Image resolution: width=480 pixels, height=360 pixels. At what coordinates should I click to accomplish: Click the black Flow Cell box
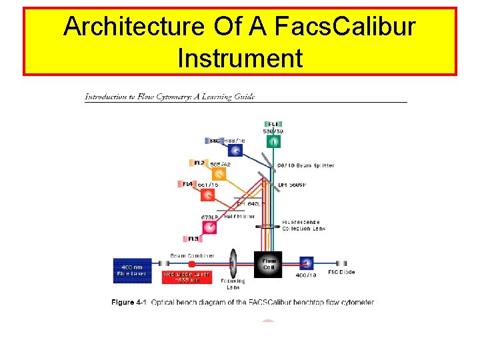(x=269, y=265)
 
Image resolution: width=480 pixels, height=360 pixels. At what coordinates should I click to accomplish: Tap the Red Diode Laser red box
(x=187, y=277)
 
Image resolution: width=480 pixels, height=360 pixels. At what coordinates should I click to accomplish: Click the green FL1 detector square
(x=274, y=141)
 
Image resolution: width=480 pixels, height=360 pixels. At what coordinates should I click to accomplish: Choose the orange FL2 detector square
(x=219, y=174)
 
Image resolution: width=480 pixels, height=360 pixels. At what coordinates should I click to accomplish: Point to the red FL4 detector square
(x=207, y=195)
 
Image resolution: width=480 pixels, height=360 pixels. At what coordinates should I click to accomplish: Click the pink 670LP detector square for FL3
(x=209, y=227)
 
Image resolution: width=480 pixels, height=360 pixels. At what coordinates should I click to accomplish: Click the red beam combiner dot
(x=192, y=264)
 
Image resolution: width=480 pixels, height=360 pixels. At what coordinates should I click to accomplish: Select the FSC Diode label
(x=341, y=272)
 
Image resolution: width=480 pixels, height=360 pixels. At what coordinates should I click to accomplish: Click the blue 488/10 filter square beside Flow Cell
(x=306, y=263)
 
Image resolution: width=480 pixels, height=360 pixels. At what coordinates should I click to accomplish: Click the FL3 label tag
(x=194, y=239)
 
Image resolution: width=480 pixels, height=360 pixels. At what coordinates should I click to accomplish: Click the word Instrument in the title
(x=240, y=58)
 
